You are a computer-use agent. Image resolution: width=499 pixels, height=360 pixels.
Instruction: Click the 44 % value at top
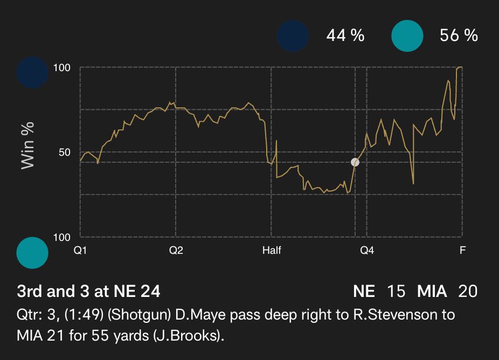(345, 36)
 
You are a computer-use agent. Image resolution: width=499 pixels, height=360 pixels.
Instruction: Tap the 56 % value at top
(459, 36)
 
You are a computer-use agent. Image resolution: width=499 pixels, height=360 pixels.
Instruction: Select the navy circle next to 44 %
(293, 36)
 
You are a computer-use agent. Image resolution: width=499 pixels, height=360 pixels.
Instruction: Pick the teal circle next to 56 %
(407, 36)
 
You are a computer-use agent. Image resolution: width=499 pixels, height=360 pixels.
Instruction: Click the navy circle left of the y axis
(32, 72)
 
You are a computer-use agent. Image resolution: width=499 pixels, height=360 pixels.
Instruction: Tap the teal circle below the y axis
(32, 252)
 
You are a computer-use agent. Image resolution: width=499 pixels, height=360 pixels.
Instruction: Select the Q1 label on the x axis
(80, 251)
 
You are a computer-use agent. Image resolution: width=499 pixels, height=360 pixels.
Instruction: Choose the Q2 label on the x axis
(176, 251)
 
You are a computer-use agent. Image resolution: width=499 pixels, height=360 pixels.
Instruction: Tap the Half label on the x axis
(272, 251)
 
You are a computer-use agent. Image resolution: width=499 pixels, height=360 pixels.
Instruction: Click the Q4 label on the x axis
(367, 251)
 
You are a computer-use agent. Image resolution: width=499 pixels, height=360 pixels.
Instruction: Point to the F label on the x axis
(462, 251)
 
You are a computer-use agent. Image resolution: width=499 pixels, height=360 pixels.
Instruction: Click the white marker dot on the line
(355, 162)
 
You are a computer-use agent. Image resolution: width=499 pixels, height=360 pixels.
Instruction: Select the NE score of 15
(396, 292)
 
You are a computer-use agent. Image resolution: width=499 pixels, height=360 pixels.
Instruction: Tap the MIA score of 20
(467, 292)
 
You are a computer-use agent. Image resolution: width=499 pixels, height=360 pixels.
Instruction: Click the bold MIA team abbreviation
(432, 292)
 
